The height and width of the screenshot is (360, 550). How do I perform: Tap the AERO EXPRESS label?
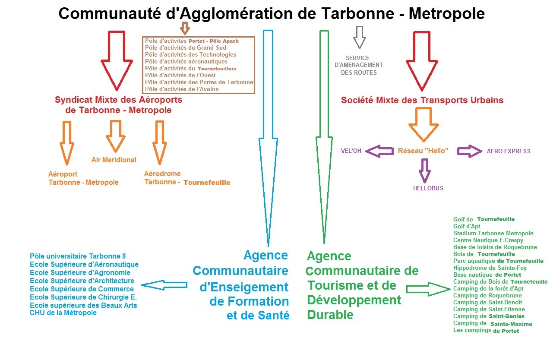coord(509,151)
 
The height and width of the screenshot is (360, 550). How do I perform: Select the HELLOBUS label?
coord(428,188)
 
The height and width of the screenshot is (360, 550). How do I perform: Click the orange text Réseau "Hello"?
coord(423,151)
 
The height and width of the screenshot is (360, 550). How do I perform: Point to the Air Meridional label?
coord(114,160)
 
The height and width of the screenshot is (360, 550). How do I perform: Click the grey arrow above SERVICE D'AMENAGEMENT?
coord(359,37)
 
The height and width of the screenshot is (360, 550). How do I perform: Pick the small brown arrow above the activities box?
coord(185,28)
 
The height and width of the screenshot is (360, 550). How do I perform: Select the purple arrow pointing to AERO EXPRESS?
coord(469,151)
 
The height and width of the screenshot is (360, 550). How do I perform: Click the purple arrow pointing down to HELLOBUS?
coord(425,170)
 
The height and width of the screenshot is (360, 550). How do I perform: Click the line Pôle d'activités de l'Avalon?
coord(182,89)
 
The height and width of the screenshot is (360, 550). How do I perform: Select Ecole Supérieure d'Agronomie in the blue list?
coord(80,272)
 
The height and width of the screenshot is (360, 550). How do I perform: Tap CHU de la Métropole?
coord(63,313)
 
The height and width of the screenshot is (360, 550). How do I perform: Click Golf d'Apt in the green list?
coord(467,226)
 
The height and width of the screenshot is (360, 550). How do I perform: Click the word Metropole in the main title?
coord(446,14)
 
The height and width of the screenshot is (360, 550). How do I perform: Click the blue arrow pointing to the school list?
coord(164,285)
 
